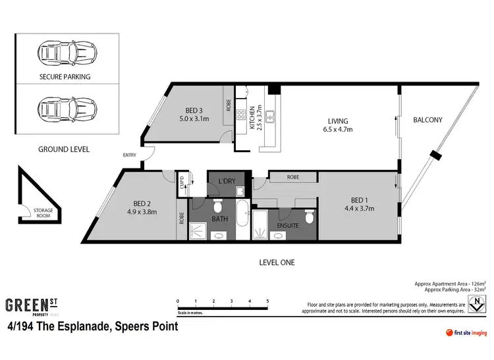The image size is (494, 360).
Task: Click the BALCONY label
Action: (427, 120)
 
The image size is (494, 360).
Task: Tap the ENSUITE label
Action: (287, 226)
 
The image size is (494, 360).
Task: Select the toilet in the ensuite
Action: (309, 217)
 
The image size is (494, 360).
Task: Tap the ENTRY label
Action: (130, 155)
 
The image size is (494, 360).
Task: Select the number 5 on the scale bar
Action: (267, 301)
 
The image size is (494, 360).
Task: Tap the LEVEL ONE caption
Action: (277, 263)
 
